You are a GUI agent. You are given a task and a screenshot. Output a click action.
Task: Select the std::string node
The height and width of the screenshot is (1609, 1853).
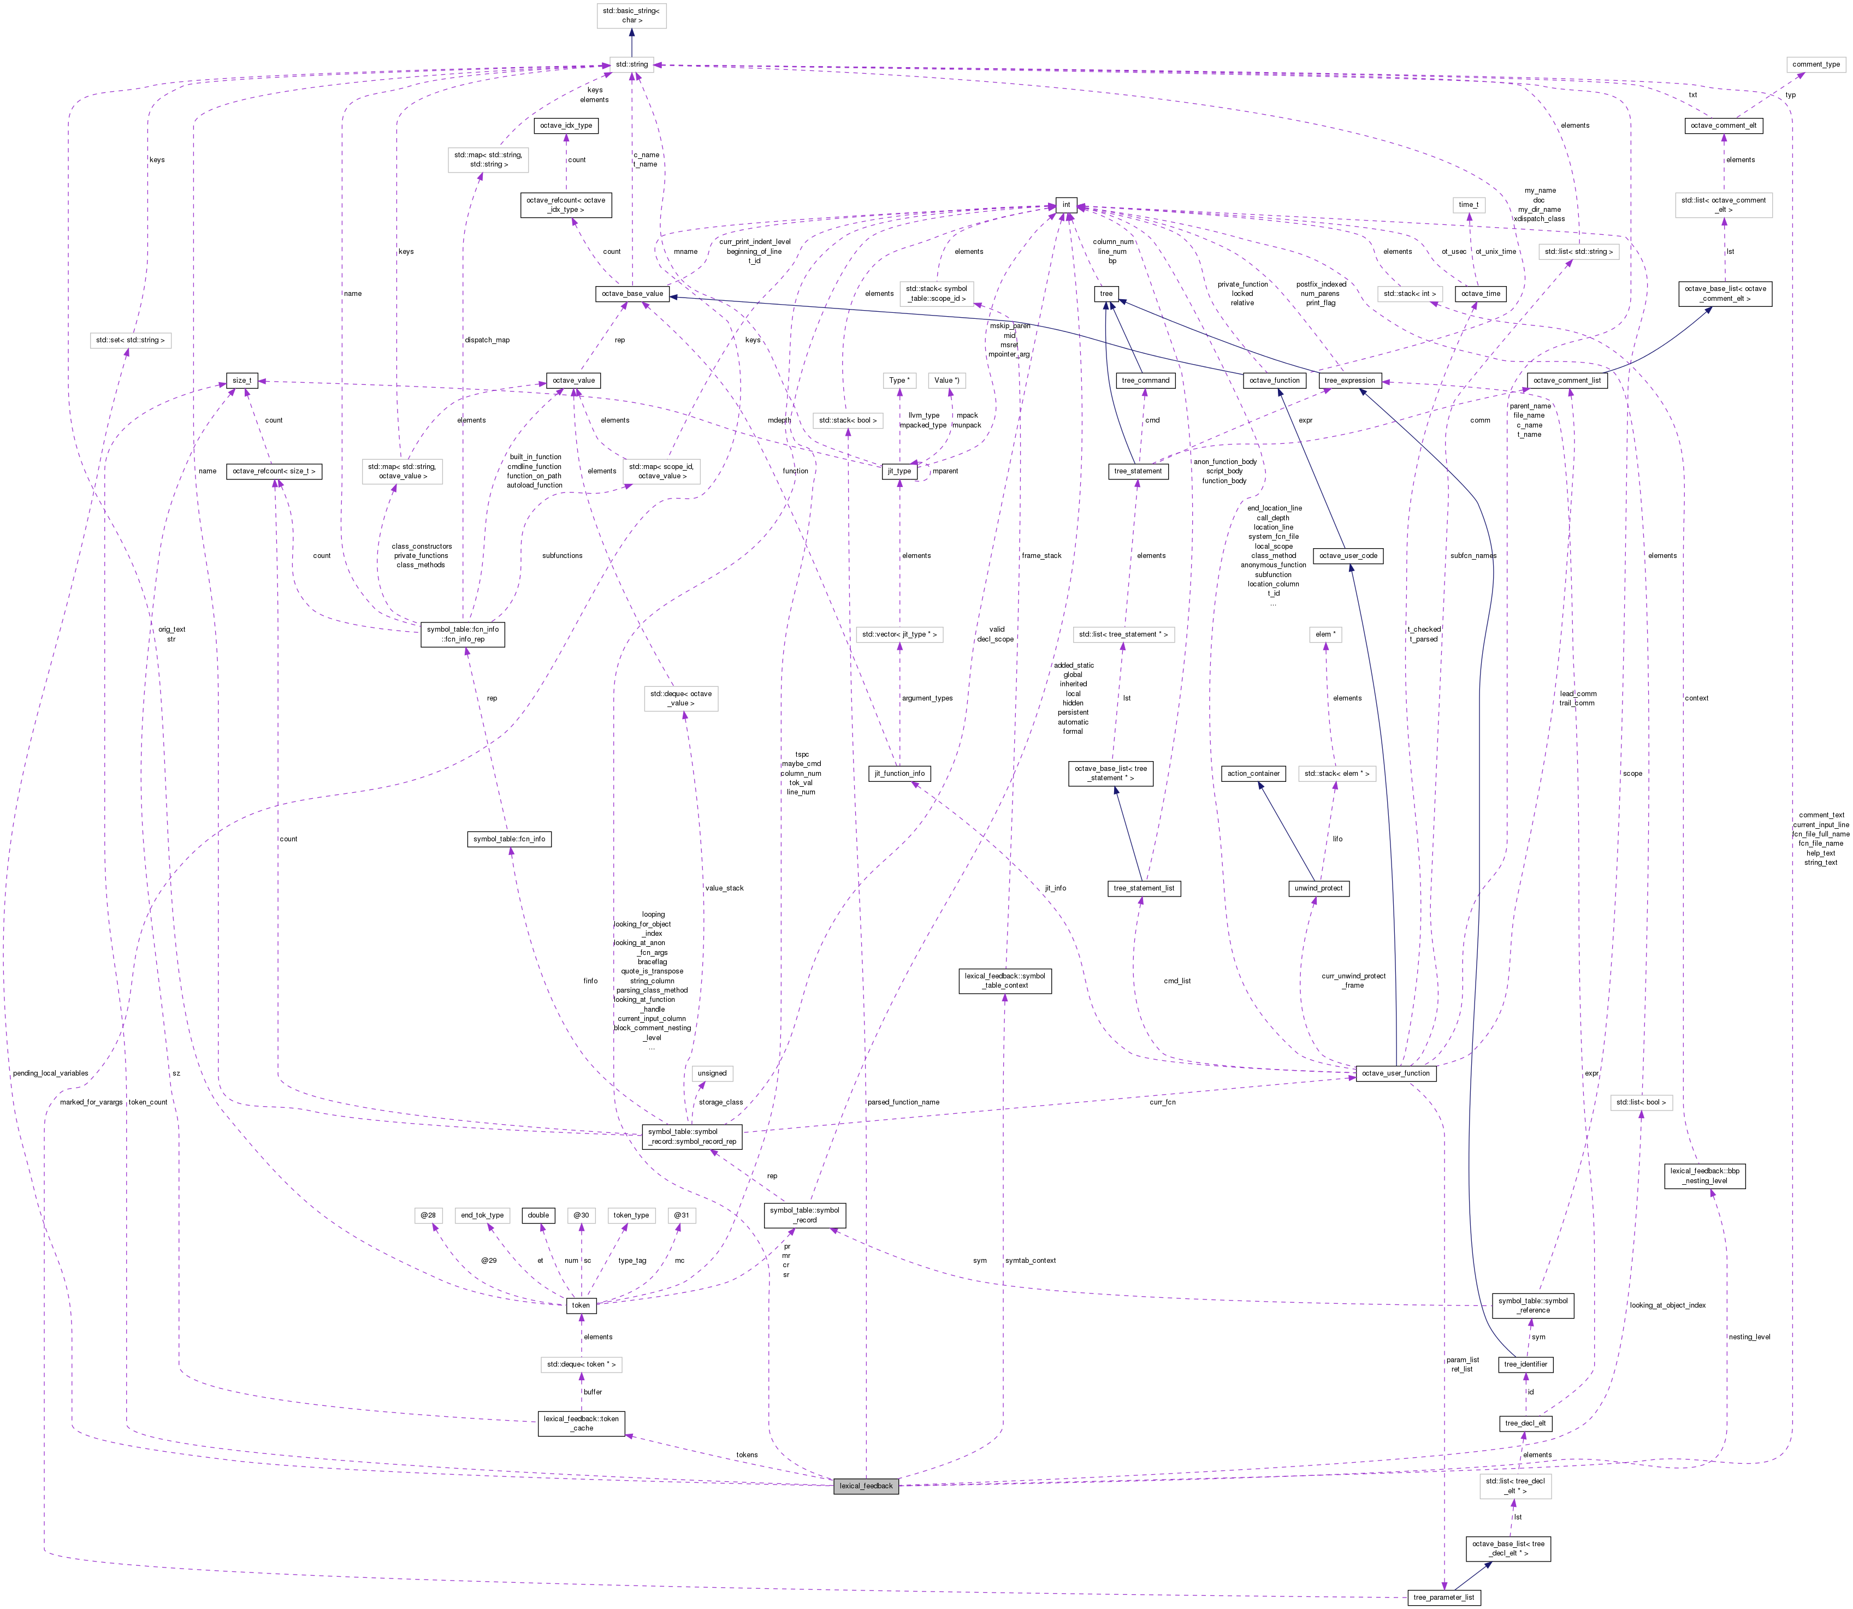click(631, 64)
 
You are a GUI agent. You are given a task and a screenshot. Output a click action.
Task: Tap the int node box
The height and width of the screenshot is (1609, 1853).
click(1066, 205)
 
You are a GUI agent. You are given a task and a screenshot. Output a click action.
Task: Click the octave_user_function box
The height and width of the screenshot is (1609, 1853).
click(1396, 1073)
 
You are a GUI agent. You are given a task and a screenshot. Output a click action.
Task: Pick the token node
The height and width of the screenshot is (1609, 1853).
click(581, 1305)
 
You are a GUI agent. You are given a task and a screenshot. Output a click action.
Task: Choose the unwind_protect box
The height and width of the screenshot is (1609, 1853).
click(1318, 888)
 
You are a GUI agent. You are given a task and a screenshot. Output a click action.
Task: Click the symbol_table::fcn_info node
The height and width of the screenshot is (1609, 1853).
click(510, 839)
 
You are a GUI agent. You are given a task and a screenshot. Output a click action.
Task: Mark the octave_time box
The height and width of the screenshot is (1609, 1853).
click(1480, 294)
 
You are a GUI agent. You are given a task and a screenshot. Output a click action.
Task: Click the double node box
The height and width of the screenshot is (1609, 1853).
click(538, 1215)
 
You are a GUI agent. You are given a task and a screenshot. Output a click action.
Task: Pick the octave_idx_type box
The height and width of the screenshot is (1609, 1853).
click(566, 126)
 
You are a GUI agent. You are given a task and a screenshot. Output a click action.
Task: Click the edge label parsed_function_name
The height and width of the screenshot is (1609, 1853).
click(904, 1102)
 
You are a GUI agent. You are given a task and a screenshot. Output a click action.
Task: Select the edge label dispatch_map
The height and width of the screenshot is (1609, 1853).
click(487, 340)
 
